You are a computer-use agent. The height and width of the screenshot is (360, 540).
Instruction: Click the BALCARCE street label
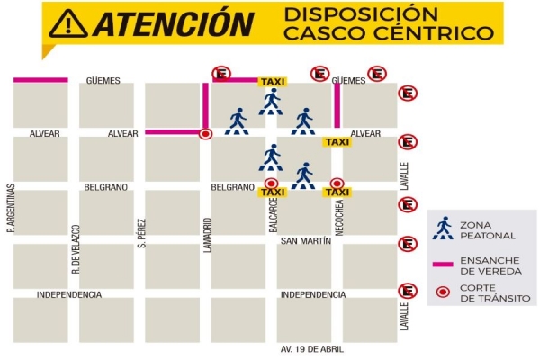click(x=274, y=217)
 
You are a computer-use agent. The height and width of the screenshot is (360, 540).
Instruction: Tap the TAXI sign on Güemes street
click(x=272, y=82)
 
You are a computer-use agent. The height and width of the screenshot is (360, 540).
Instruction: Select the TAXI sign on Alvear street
click(x=337, y=142)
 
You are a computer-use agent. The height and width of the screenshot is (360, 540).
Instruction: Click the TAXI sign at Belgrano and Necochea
click(x=337, y=192)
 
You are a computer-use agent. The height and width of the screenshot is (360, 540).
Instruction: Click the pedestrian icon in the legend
click(x=442, y=228)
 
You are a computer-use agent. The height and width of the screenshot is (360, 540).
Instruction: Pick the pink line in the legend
click(x=442, y=265)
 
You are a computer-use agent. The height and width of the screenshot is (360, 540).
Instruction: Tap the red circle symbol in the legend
click(x=442, y=292)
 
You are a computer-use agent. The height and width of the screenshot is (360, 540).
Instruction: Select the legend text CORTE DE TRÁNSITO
click(x=494, y=292)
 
